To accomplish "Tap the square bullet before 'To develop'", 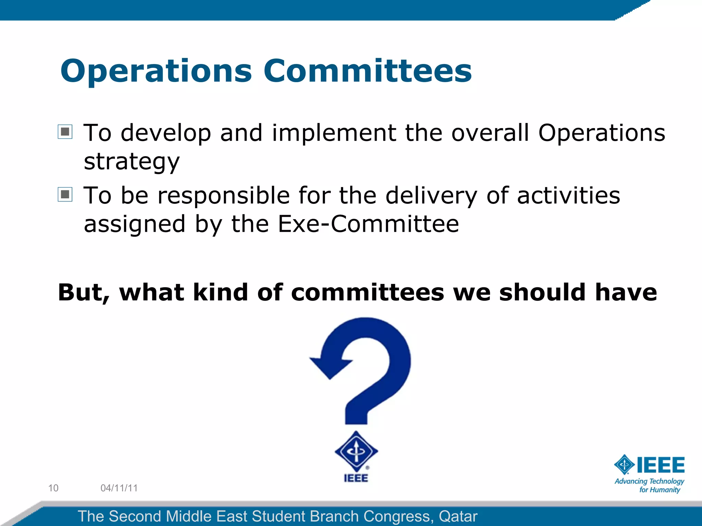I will click(65, 132).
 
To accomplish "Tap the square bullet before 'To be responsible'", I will click(65, 195).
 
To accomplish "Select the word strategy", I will click(132, 162).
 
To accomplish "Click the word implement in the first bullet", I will click(334, 133).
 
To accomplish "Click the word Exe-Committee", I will click(368, 224).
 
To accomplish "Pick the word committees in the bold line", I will click(367, 293).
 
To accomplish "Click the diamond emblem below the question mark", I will click(356, 451).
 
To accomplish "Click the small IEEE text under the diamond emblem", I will click(356, 478).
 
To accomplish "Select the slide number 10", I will click(53, 488).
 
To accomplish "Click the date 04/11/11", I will click(119, 488).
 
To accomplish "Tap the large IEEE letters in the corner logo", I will click(660, 465).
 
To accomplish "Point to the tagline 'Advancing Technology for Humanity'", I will click(649, 486).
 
